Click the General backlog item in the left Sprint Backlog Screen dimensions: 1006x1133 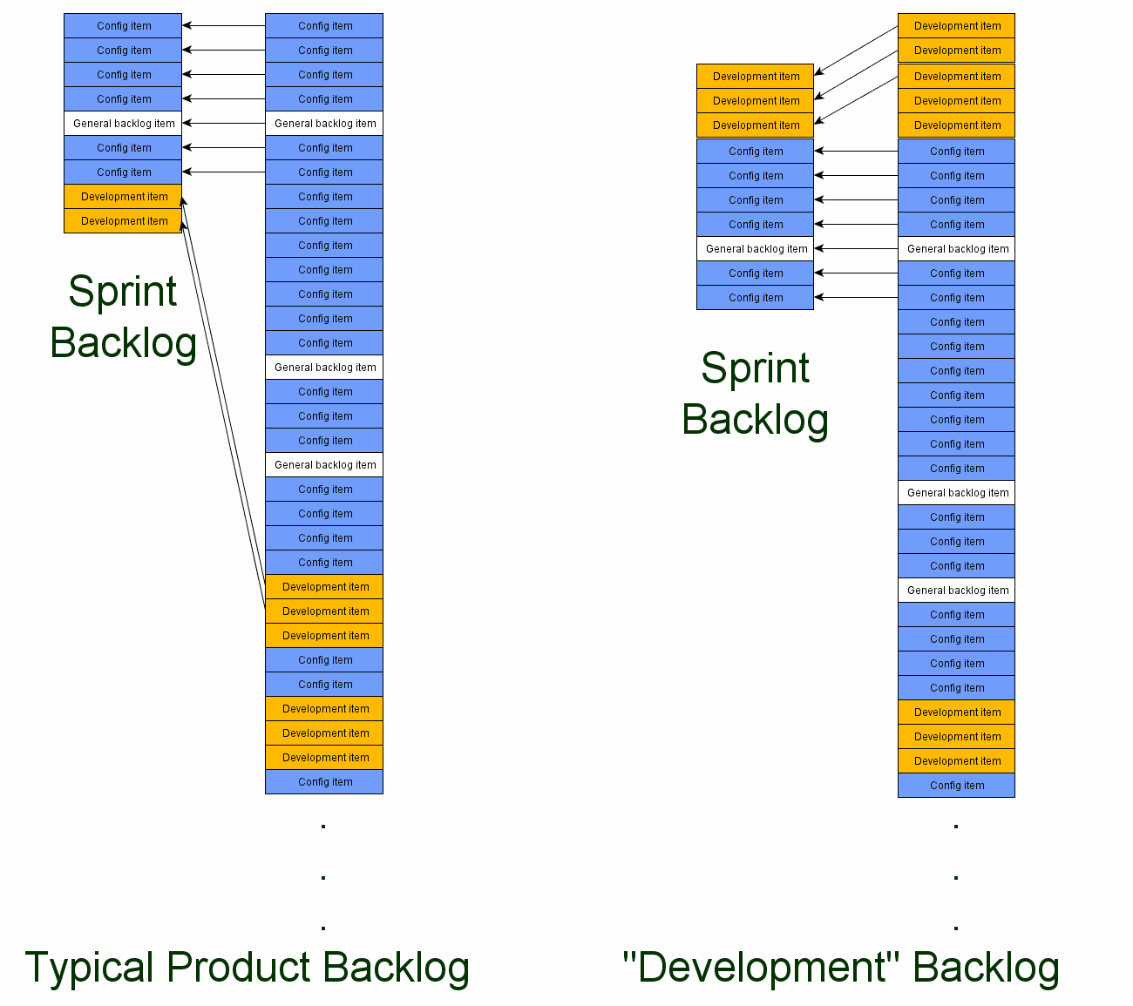point(123,124)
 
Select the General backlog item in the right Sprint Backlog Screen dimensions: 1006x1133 point(756,249)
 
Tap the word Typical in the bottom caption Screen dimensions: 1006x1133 point(90,969)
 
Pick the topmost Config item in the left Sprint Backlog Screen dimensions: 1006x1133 point(123,26)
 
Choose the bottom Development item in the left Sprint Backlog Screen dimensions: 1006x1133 point(123,221)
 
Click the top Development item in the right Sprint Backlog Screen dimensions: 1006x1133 point(756,77)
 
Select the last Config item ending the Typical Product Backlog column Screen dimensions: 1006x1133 point(324,782)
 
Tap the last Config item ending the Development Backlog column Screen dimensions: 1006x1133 point(956,786)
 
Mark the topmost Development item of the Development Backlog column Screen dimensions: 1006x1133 point(956,26)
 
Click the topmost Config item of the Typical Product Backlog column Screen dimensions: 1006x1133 point(324,26)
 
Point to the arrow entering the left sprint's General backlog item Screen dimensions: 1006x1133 point(223,124)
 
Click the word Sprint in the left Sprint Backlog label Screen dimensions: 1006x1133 point(123,292)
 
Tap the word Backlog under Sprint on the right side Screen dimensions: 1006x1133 point(755,420)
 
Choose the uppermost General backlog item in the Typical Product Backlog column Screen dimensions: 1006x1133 point(324,124)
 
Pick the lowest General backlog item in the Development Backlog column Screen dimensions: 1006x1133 point(956,591)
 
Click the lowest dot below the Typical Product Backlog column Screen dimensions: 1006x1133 point(323,928)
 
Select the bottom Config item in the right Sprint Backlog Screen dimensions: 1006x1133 point(756,298)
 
